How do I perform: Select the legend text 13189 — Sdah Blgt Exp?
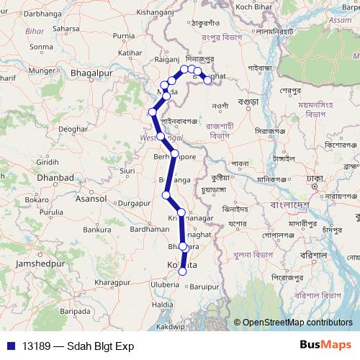(78, 346)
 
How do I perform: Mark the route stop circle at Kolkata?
(183, 271)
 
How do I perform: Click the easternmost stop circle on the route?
(208, 80)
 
